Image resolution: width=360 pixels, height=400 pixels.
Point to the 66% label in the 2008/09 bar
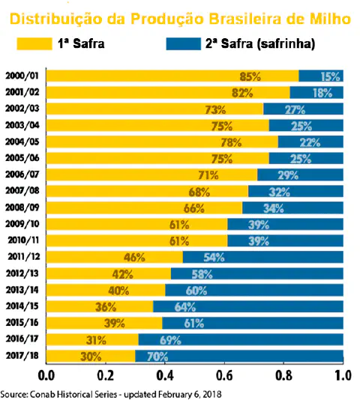(x=193, y=207)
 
